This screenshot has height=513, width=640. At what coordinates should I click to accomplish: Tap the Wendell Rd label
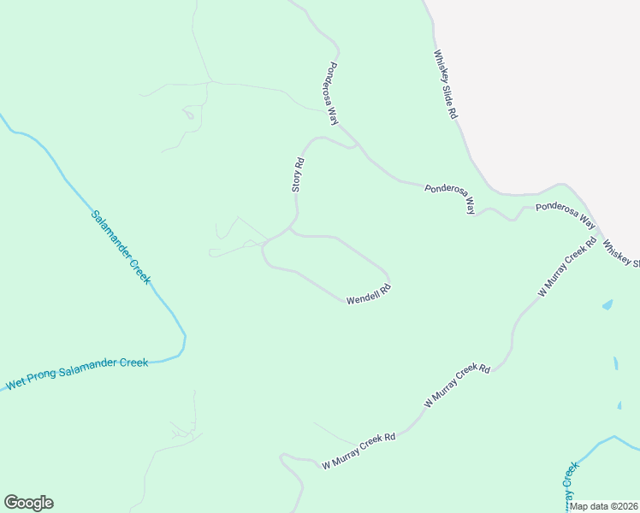coord(368,295)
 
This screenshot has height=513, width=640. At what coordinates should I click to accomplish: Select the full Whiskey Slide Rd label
coord(446,85)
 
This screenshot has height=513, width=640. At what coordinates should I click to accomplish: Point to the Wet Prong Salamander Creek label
coord(77,374)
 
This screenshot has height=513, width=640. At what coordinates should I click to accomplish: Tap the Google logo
coord(28,503)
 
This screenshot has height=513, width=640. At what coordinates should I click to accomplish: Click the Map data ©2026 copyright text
coord(604,506)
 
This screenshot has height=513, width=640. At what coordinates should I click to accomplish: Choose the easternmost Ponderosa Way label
coord(565,214)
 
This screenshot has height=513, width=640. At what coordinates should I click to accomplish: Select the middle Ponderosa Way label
coord(451,198)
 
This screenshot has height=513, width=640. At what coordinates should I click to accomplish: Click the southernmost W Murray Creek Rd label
coord(359,450)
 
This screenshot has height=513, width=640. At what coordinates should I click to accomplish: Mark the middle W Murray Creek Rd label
coord(458,385)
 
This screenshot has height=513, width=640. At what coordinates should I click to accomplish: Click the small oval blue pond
coord(607,304)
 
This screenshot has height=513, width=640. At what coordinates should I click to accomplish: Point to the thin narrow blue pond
coord(616,363)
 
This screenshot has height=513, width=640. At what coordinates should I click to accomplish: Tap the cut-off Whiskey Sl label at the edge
coord(620,254)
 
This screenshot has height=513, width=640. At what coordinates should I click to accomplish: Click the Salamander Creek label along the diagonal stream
coord(121,247)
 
